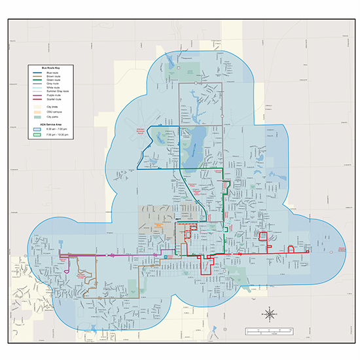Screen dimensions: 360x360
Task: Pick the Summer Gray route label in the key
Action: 58,92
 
